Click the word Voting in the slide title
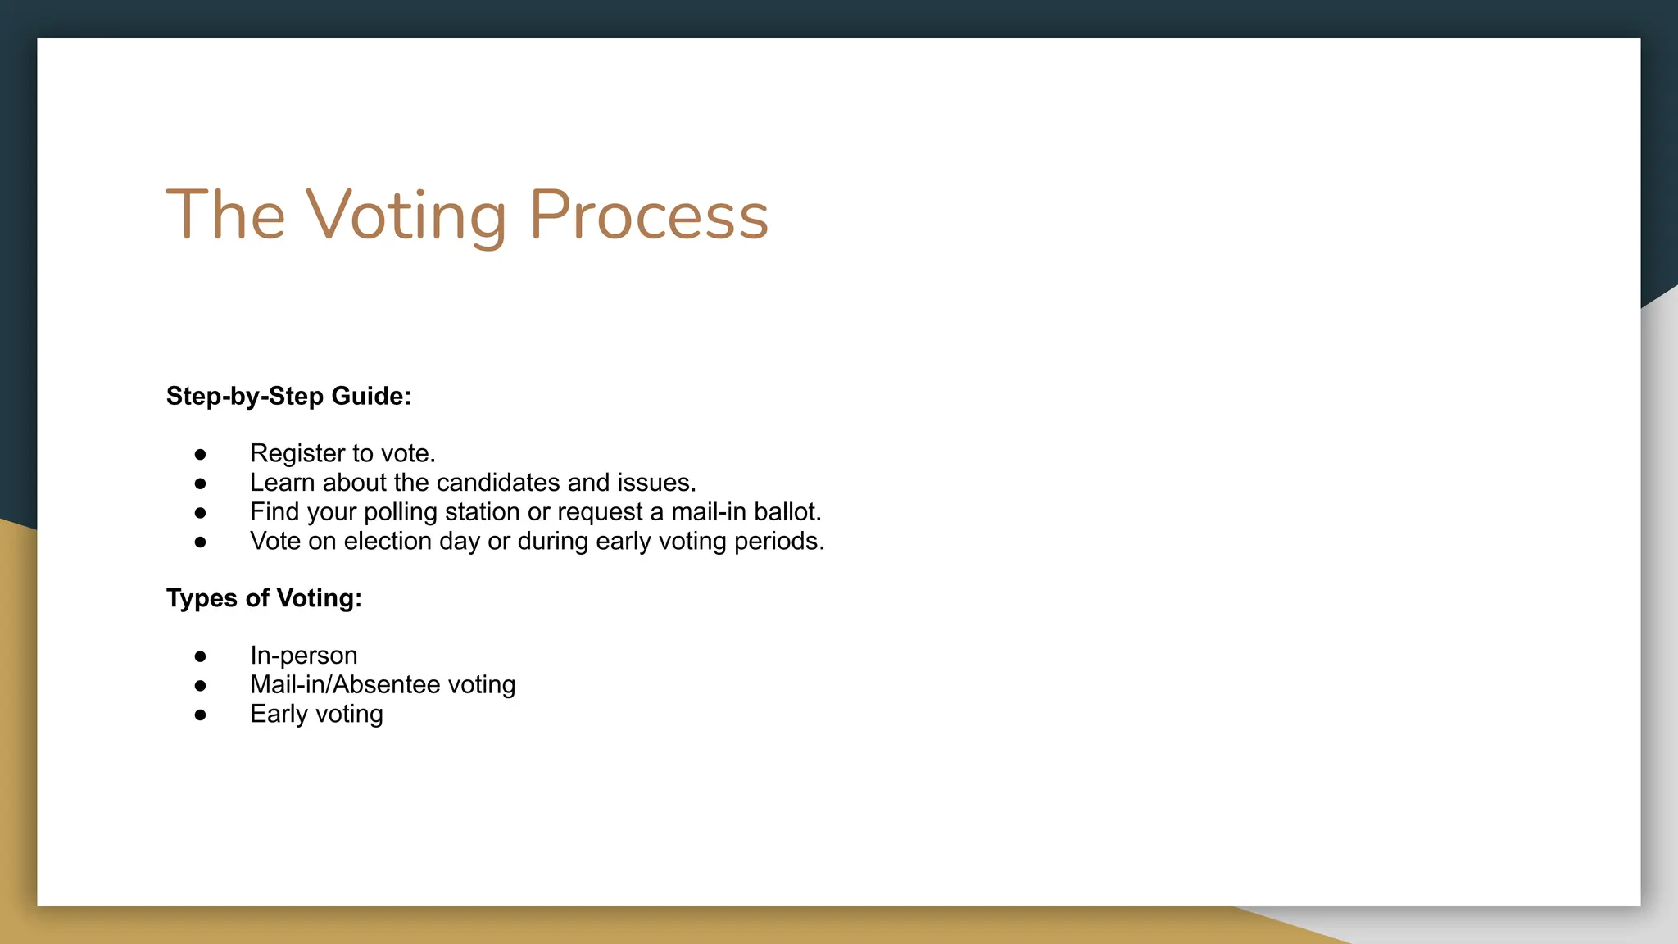pyautogui.click(x=406, y=216)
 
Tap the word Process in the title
pyautogui.click(x=649, y=216)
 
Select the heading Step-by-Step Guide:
pyautogui.click(x=288, y=396)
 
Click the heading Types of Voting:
pyautogui.click(x=264, y=598)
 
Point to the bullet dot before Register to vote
pyautogui.click(x=201, y=454)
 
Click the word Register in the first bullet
pyautogui.click(x=297, y=453)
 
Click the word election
pyautogui.click(x=387, y=542)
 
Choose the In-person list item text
pyautogui.click(x=304, y=656)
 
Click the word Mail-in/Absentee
pyautogui.click(x=345, y=685)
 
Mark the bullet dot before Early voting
pyautogui.click(x=201, y=715)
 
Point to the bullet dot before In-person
pyautogui.click(x=201, y=656)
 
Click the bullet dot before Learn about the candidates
pyautogui.click(x=201, y=483)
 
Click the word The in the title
pyautogui.click(x=225, y=216)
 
